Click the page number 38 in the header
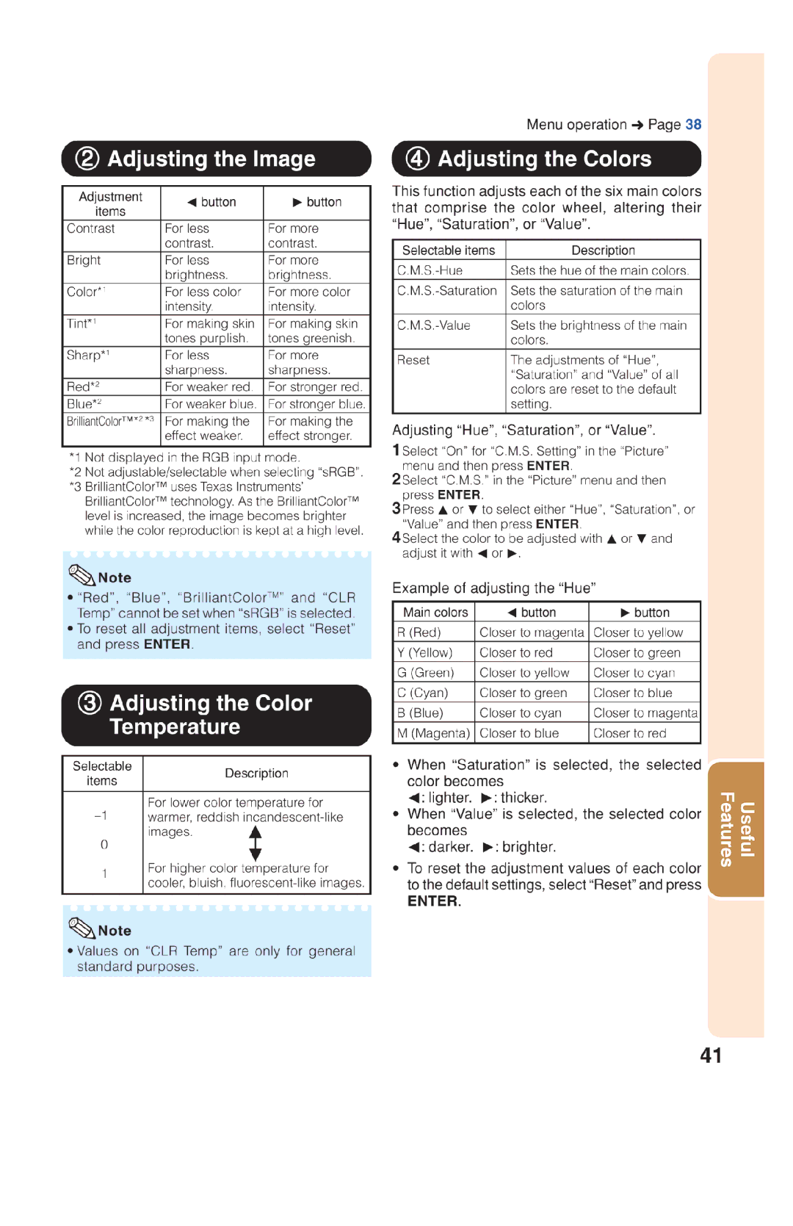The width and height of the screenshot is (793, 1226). pos(693,124)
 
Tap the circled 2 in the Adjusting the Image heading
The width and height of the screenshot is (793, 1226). pos(87,159)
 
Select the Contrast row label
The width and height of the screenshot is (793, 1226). pos(91,228)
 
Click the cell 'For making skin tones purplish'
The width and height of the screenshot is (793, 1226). pos(209,331)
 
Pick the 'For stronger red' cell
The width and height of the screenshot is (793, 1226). pos(314,387)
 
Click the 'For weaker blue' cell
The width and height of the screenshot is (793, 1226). pos(210,404)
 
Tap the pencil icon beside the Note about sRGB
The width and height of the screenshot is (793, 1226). pos(82,575)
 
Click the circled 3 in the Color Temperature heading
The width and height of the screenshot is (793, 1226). pos(90,703)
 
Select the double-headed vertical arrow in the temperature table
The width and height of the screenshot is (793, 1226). pos(255,843)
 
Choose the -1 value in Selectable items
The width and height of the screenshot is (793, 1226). pos(101,815)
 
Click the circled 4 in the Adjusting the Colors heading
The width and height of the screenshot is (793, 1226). pos(418,159)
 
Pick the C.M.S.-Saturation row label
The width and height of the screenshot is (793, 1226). pos(447,291)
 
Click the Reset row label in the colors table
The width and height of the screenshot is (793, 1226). pos(413,360)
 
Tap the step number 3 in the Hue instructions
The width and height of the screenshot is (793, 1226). pos(396,508)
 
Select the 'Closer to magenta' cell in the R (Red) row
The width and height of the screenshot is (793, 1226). pos(532,632)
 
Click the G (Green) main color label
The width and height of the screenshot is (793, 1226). pos(426,673)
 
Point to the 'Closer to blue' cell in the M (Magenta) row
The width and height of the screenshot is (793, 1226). pos(519,733)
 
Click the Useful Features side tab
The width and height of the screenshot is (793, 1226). pos(736,829)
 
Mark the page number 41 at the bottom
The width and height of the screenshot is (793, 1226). pos(711,1056)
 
